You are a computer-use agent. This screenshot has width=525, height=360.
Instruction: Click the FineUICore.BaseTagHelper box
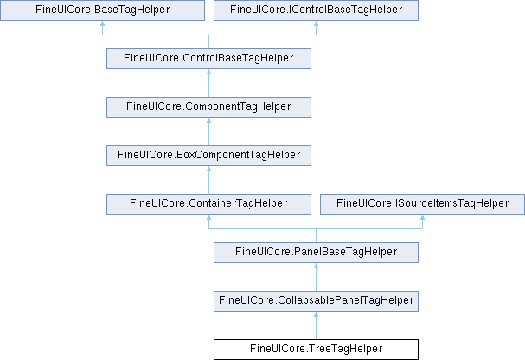(x=102, y=10)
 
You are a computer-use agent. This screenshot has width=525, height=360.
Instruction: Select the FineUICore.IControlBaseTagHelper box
(x=316, y=10)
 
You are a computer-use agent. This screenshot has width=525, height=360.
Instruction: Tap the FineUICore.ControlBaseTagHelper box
(x=209, y=59)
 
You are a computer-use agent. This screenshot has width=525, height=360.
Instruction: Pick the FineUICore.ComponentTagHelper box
(x=209, y=107)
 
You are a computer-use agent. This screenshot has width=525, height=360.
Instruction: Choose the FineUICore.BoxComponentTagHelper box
(x=209, y=156)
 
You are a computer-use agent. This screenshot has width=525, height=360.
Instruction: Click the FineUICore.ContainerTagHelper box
(x=209, y=204)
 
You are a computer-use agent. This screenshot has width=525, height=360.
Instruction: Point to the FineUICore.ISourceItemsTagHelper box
(x=423, y=204)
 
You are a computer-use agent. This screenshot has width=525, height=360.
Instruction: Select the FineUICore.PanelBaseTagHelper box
(x=316, y=253)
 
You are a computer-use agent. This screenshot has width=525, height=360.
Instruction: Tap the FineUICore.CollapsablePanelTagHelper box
(x=316, y=301)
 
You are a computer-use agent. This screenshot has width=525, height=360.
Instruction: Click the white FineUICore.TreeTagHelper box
(x=316, y=350)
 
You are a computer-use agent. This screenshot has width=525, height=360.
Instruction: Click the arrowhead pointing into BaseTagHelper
(x=102, y=23)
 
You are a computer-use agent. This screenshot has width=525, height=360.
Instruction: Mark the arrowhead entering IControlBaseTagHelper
(x=316, y=23)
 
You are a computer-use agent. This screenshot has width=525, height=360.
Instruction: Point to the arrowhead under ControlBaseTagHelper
(x=209, y=72)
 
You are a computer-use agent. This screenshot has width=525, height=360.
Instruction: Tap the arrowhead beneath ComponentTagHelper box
(x=209, y=120)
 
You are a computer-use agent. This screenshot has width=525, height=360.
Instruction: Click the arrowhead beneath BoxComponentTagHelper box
(x=209, y=169)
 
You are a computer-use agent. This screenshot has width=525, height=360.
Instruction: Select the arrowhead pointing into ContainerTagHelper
(x=209, y=218)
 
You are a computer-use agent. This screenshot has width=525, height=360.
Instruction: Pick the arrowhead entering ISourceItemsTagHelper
(x=423, y=218)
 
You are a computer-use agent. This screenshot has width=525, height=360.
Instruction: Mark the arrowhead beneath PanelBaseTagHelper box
(x=316, y=266)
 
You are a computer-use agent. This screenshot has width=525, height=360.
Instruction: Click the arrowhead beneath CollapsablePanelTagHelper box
(x=316, y=314)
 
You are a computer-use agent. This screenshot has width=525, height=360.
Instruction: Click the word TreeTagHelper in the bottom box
(x=345, y=349)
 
